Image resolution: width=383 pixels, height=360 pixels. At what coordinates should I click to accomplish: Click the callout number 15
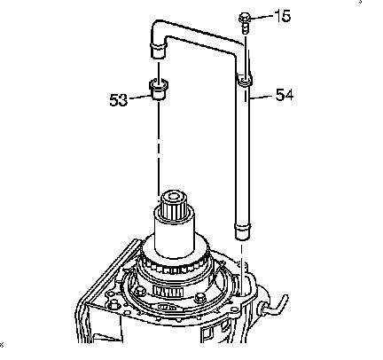tap(283, 16)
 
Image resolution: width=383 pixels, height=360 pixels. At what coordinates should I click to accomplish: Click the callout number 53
tap(119, 100)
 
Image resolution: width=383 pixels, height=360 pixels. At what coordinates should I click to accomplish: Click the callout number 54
tap(285, 95)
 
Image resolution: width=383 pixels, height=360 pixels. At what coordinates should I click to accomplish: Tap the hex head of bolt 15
tap(245, 18)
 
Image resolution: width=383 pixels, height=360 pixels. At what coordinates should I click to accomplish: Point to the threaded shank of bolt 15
tap(245, 28)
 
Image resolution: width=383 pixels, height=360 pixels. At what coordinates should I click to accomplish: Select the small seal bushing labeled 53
tap(159, 89)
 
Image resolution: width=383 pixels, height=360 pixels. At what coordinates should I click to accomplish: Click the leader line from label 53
tap(140, 97)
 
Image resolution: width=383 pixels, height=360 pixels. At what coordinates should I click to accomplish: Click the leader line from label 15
tap(262, 16)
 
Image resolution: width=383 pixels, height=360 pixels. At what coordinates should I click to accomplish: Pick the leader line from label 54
tap(262, 96)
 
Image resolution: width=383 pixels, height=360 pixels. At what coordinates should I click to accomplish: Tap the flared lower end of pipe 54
tap(243, 231)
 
